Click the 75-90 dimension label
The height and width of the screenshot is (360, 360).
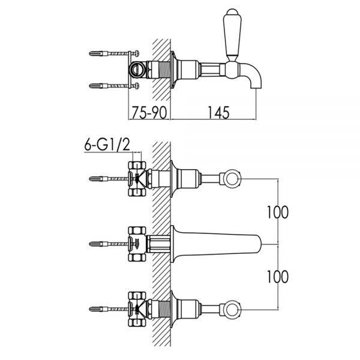149,113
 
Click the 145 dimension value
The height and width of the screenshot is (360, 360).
218,113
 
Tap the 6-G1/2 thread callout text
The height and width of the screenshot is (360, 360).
107,145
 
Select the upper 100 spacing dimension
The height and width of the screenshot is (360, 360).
278,212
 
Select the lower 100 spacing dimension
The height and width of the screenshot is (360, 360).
278,277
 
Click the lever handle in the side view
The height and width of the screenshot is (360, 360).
232,34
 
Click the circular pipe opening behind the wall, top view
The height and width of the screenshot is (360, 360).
137,69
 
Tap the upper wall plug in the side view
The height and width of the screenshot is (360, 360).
98,53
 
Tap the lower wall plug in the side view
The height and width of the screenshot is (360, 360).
98,86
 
